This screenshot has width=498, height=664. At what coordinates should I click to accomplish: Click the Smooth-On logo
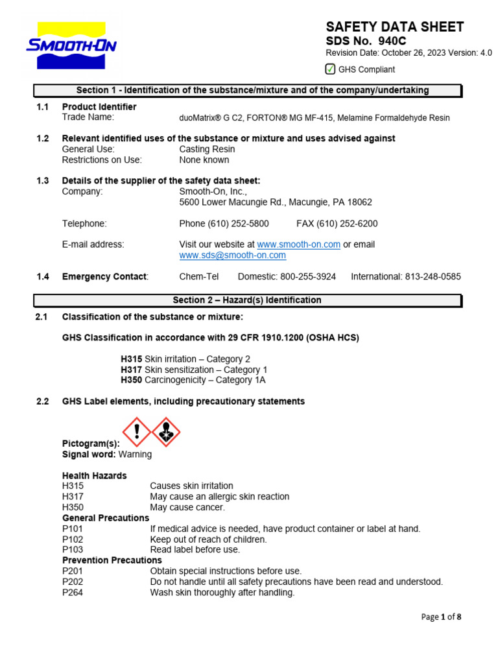click(x=71, y=45)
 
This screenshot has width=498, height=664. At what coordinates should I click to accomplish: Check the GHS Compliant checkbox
click(x=330, y=69)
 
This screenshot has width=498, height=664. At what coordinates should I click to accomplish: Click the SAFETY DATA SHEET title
click(x=394, y=27)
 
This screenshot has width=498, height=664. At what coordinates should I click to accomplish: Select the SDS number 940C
click(x=392, y=41)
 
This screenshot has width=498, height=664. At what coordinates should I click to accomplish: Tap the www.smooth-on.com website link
click(x=298, y=244)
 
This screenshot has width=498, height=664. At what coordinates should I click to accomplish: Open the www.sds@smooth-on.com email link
click(x=232, y=255)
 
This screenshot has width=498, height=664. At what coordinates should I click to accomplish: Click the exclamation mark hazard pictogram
click(x=137, y=432)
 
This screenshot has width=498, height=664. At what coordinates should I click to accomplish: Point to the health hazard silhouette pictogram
click(x=166, y=432)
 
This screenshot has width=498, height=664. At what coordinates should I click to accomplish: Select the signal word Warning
click(x=135, y=455)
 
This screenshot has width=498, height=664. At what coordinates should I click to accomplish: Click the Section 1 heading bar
click(x=248, y=90)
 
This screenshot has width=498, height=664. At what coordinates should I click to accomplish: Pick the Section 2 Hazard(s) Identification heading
click(x=248, y=300)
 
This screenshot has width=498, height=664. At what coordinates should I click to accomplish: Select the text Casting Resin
click(x=207, y=149)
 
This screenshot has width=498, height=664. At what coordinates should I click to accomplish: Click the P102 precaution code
click(x=73, y=539)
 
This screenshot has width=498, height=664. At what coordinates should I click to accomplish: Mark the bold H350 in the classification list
click(x=132, y=380)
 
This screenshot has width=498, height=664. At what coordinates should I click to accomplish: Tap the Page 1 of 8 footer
click(x=441, y=617)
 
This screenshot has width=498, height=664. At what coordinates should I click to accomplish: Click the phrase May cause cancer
click(x=187, y=507)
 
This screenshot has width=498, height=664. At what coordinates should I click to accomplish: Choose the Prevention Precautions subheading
click(x=112, y=560)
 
